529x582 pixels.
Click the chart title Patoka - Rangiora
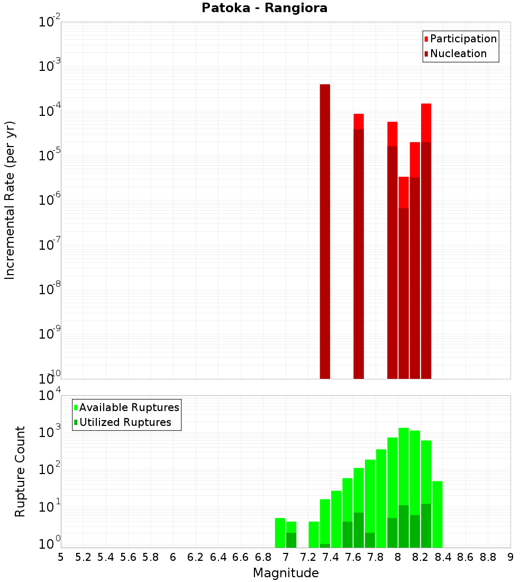(x=264, y=8)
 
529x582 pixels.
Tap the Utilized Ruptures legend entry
(x=125, y=422)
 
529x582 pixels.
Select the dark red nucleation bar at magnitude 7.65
(x=359, y=254)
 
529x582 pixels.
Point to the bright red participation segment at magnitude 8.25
(x=426, y=123)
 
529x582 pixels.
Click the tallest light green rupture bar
(x=404, y=466)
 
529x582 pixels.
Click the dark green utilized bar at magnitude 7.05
(x=291, y=540)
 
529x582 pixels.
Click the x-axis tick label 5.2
(x=84, y=557)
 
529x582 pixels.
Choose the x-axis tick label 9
(x=510, y=557)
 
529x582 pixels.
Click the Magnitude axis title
(x=286, y=573)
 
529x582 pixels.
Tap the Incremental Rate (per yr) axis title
(x=10, y=200)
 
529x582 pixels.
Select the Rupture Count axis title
(x=20, y=471)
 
